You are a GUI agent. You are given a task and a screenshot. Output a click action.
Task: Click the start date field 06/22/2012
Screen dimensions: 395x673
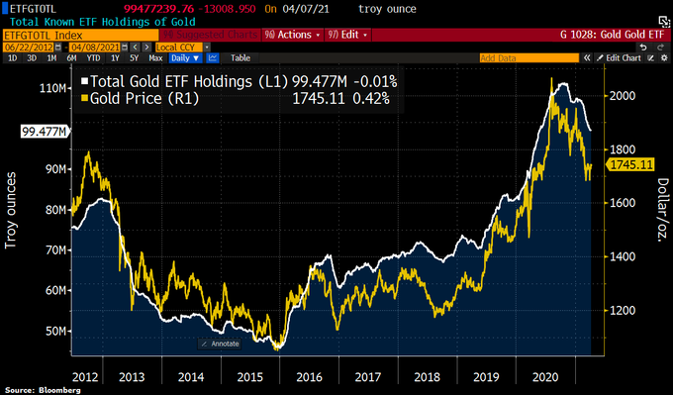coord(28,47)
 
